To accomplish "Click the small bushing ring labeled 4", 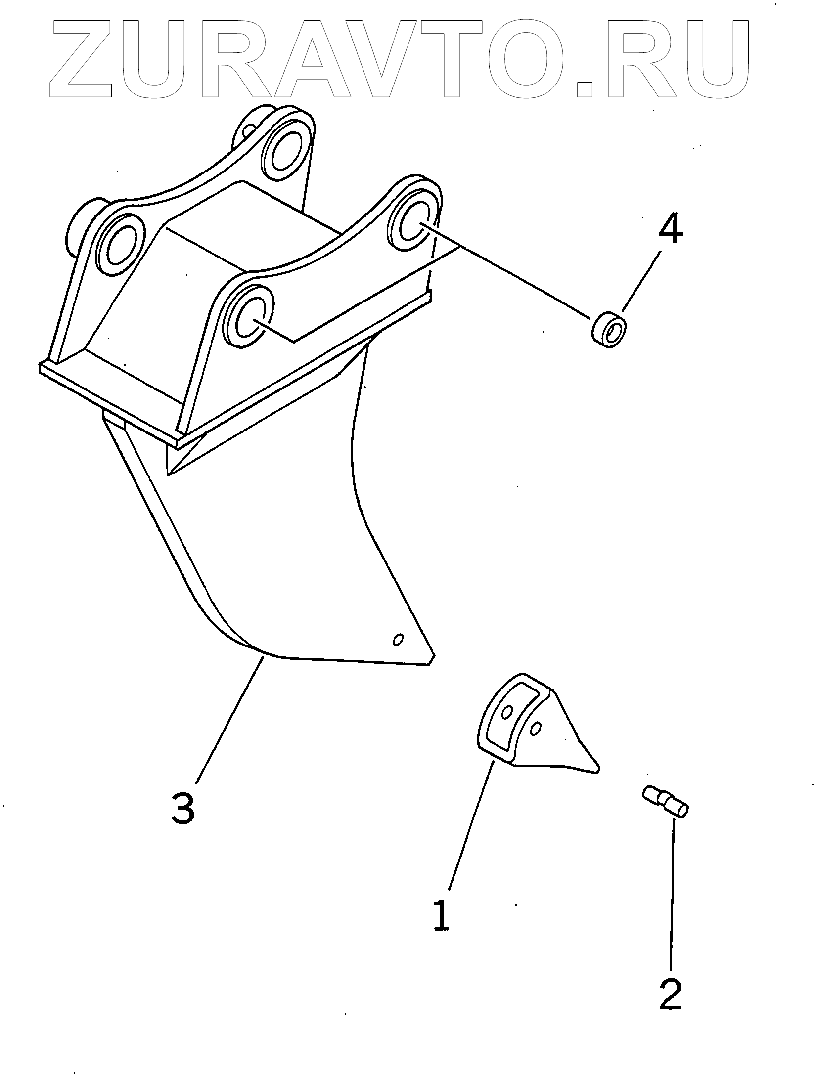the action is click(609, 328).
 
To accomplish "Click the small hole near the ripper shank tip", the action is click(397, 640).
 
